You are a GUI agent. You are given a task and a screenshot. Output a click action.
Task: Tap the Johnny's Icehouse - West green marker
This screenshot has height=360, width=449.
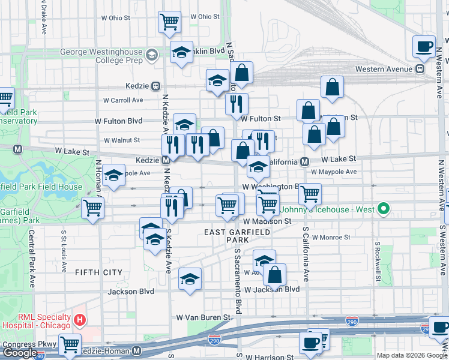[x=384, y=209]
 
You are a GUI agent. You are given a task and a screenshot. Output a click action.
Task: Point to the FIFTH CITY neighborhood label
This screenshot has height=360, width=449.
[x=98, y=272]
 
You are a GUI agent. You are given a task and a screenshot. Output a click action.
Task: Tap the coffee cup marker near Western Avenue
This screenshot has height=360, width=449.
[x=424, y=47]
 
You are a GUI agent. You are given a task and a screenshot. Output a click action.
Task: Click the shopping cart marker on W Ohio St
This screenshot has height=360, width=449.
[x=170, y=22]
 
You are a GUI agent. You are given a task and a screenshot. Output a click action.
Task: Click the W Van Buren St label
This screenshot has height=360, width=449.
[x=203, y=317]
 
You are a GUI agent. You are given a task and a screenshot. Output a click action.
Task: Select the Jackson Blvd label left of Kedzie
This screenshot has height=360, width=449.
[x=131, y=292]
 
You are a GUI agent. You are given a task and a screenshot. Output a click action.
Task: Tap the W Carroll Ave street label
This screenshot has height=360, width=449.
[x=123, y=100]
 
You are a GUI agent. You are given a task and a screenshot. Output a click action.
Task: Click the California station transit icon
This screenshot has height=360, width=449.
[x=305, y=161]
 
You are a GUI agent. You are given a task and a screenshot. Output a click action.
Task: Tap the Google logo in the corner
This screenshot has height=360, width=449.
[x=20, y=353]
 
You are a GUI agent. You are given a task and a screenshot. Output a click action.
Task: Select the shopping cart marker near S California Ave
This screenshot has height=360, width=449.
[x=310, y=193]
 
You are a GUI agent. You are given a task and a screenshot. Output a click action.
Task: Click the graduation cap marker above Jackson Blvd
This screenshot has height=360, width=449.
[x=190, y=279]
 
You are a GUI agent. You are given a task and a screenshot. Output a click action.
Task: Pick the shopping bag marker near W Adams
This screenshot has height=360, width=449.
[x=274, y=275]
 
